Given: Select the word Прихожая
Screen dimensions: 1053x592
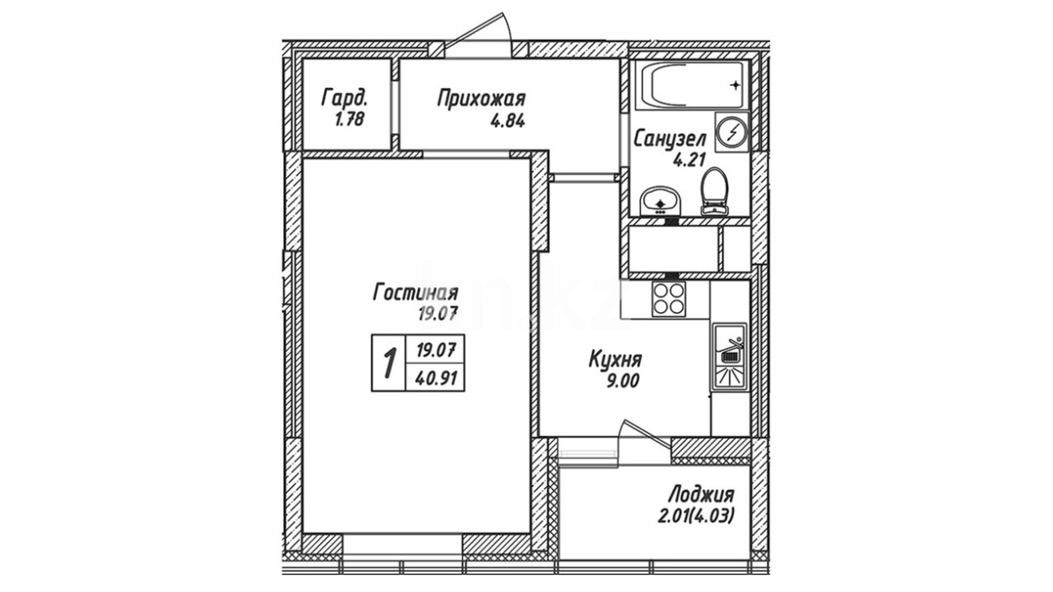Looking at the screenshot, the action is point(481,99).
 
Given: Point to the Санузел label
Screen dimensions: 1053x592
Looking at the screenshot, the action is point(670,139).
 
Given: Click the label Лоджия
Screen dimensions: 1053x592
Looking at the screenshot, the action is point(700,496).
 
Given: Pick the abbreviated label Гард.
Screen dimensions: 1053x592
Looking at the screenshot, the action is point(344,99).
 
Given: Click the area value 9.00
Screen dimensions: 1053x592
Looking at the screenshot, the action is point(622,380).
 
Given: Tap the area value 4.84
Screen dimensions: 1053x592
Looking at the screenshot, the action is point(507,120).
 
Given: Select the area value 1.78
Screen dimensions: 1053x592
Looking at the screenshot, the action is point(349,119).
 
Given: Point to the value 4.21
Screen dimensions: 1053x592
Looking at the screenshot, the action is point(688,160).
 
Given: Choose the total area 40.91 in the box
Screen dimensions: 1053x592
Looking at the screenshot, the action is point(437,378).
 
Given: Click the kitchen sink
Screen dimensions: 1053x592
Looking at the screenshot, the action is point(729,356).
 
